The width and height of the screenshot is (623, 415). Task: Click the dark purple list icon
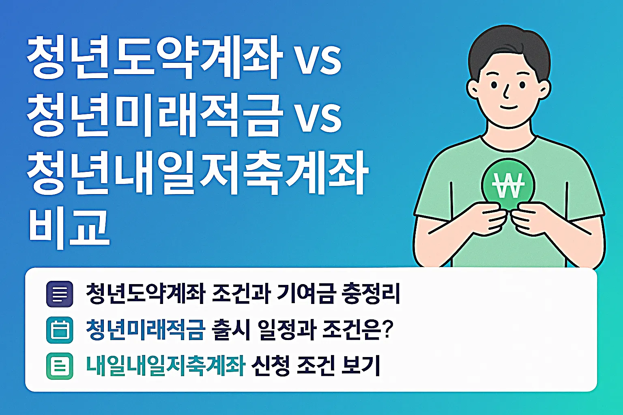60,294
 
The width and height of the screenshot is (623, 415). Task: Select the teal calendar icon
60,330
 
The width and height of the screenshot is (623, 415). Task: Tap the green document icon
60,366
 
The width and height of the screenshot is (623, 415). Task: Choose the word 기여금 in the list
306,293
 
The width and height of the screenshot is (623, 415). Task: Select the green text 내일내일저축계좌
165,366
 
